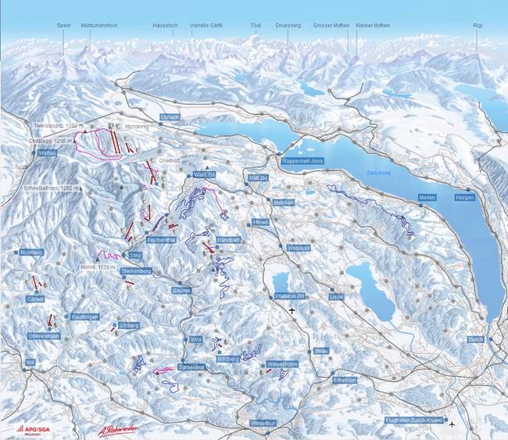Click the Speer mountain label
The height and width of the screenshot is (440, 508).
[63, 25]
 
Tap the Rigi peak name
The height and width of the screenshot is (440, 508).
[478, 25]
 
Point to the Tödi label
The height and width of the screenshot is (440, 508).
[256, 25]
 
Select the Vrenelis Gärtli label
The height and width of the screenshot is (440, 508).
[206, 25]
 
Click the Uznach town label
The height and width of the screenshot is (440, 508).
[169, 116]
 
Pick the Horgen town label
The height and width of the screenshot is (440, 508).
[464, 198]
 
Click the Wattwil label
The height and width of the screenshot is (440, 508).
[48, 154]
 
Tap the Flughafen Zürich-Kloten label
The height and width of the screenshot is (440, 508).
[414, 420]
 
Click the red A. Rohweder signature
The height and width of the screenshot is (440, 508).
[117, 429]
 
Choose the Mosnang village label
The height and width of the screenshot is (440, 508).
[31, 252]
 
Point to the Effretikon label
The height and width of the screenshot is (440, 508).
[344, 380]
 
